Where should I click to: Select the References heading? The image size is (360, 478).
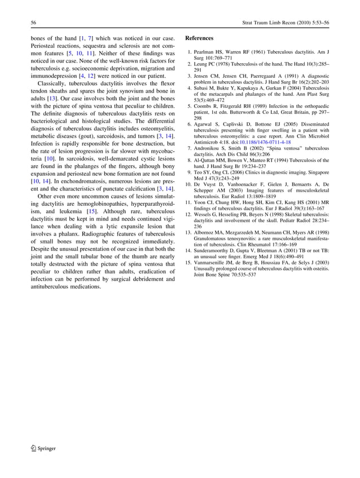coord(199,38)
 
